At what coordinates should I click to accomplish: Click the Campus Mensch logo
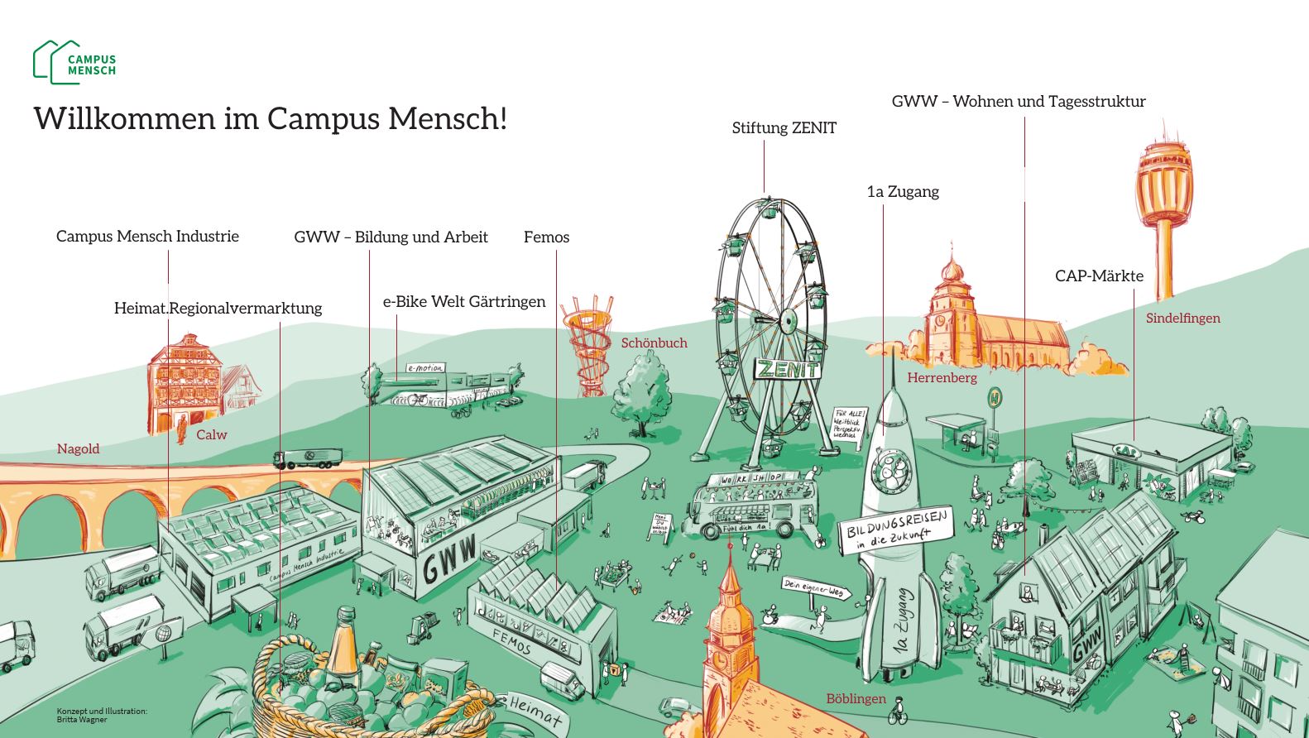(x=74, y=63)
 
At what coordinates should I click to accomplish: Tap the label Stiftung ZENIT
(x=784, y=128)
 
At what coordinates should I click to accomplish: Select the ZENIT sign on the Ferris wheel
(x=786, y=369)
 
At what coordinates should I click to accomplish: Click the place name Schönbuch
(x=654, y=343)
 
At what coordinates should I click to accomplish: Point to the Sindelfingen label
(x=1182, y=319)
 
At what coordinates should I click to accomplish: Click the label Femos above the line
(x=546, y=237)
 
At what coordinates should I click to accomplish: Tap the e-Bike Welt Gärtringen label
(x=463, y=302)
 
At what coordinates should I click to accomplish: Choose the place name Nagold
(x=78, y=449)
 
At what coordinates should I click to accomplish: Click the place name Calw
(x=211, y=435)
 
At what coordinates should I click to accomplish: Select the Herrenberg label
(x=942, y=378)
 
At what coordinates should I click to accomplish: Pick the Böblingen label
(x=856, y=699)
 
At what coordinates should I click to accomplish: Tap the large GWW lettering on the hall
(x=450, y=558)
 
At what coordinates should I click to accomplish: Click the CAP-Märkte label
(x=1099, y=276)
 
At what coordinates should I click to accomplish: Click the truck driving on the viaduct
(x=308, y=458)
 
